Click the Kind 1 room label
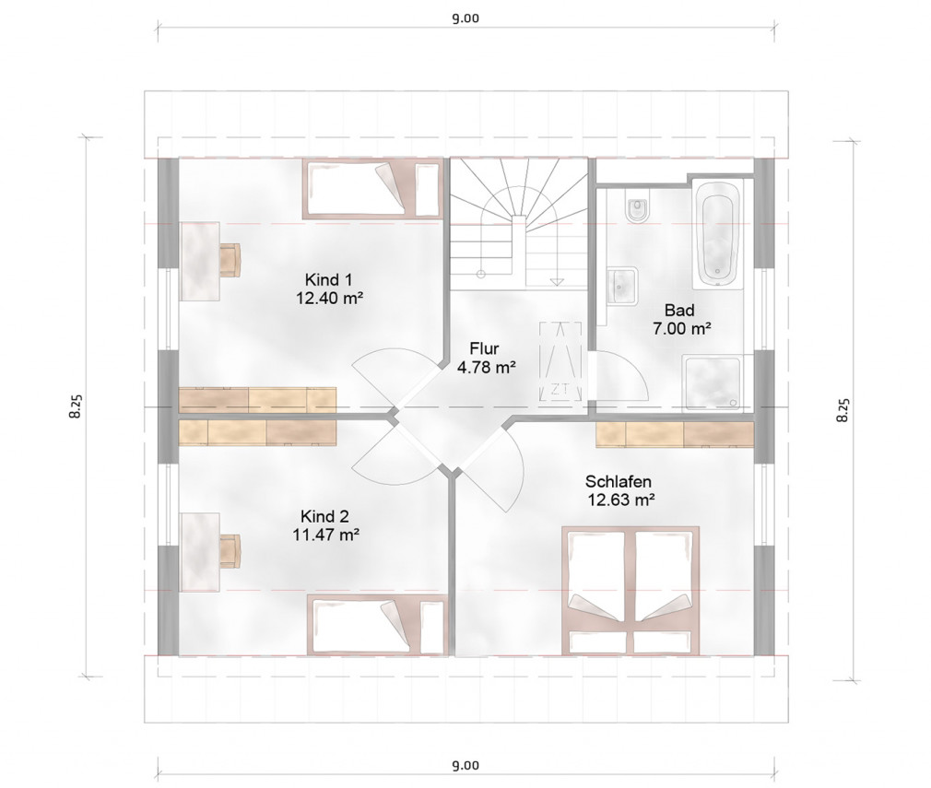[x=328, y=279]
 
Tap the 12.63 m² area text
[x=621, y=500]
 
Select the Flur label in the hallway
[x=485, y=348]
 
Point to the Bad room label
[x=680, y=310]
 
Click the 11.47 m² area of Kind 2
[x=326, y=535]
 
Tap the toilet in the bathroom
[x=638, y=208]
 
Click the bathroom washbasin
[x=622, y=286]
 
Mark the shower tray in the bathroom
[x=712, y=382]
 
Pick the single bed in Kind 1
[x=373, y=189]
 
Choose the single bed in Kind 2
[x=377, y=626]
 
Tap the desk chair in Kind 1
[x=230, y=260]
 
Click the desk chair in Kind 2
[x=230, y=551]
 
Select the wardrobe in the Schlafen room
[x=675, y=434]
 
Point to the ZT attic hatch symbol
[x=560, y=361]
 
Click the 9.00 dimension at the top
[x=465, y=18]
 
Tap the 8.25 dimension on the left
[x=75, y=406]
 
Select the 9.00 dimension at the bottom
[x=465, y=766]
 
